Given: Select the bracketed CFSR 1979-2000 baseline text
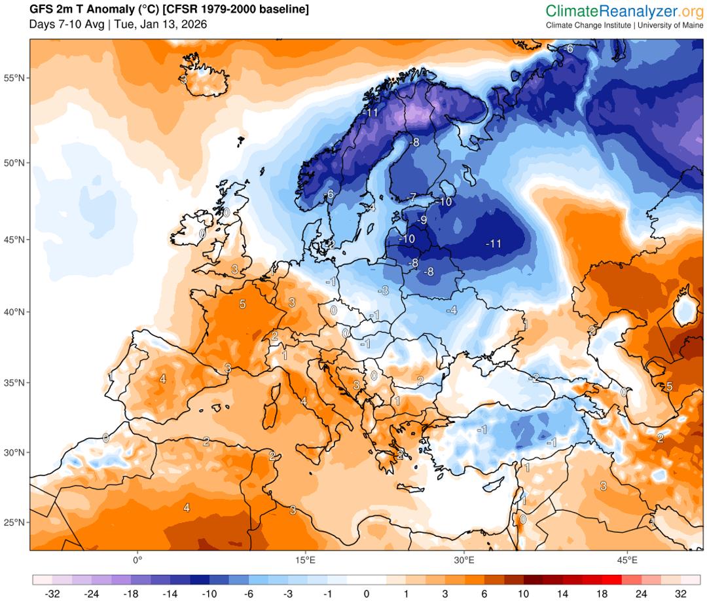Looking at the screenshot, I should coord(240,10).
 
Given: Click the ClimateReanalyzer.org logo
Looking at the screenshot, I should coord(625,10).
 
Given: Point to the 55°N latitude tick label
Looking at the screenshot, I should coord(14,78).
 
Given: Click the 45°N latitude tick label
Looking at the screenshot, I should coord(14,240).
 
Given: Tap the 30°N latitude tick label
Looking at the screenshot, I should coord(14,452).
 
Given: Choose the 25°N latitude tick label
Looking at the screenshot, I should coord(14,522).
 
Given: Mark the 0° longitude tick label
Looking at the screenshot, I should coord(137,560).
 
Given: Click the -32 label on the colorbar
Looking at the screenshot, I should coord(52,594).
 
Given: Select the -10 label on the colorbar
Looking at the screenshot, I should coord(209,594).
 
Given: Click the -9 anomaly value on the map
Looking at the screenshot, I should coord(422,220).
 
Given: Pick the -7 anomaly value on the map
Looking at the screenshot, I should coord(411,197).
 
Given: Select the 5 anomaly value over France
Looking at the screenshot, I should coord(242,304).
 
